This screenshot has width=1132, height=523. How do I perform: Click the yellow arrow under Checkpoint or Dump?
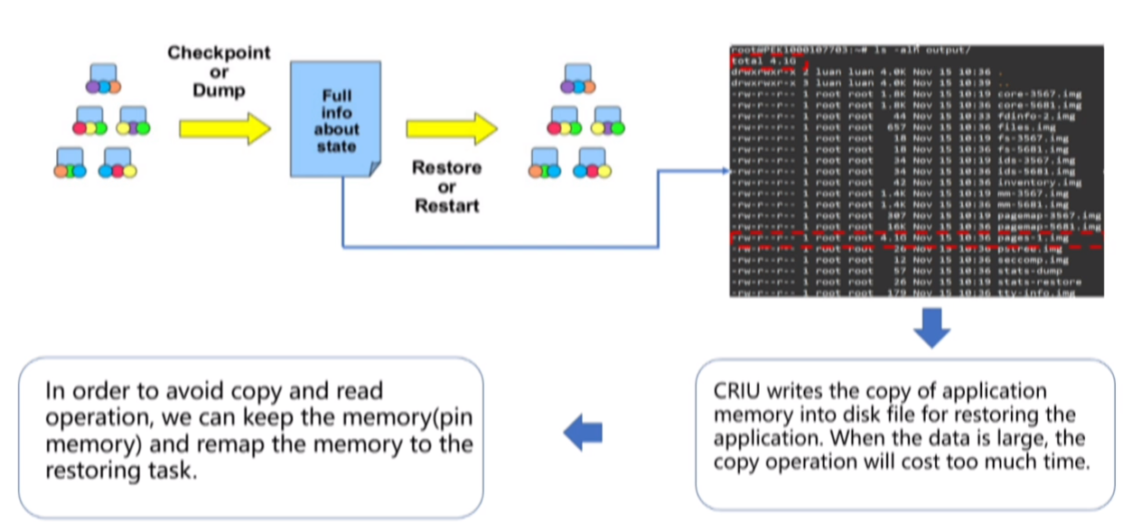coord(225,129)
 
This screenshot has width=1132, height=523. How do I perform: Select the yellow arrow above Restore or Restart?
coord(451,129)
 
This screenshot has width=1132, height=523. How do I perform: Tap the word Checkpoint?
coord(219,52)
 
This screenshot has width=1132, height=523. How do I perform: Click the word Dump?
coord(220,91)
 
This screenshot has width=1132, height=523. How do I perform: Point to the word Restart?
coord(446,207)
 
